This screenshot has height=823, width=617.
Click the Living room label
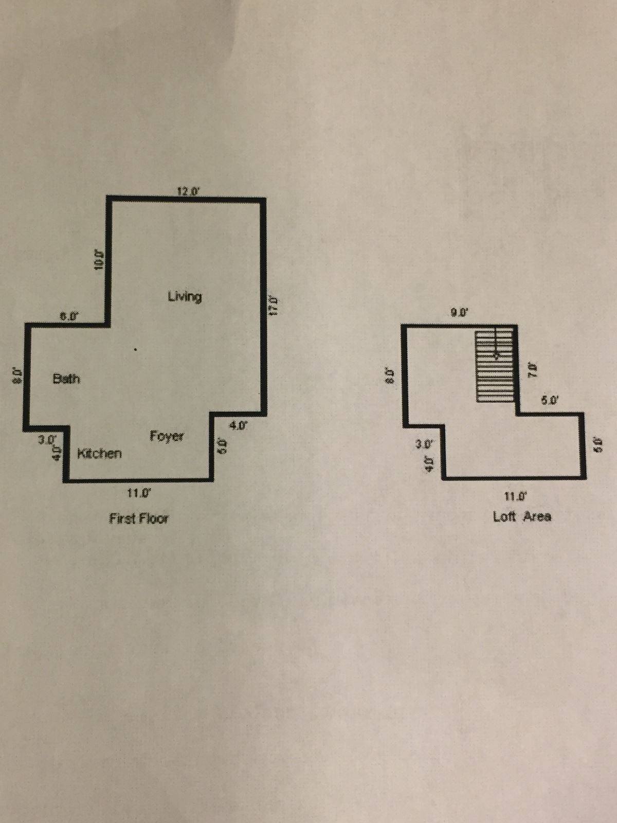185,296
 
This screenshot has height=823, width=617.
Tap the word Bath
66,379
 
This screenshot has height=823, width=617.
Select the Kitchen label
100,454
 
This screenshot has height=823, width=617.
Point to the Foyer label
167,436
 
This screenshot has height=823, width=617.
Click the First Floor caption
139,518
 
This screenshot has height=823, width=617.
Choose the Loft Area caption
522,516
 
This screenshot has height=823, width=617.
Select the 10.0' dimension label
100,259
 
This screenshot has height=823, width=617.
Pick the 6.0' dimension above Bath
67,317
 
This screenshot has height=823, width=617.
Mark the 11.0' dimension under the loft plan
516,496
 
